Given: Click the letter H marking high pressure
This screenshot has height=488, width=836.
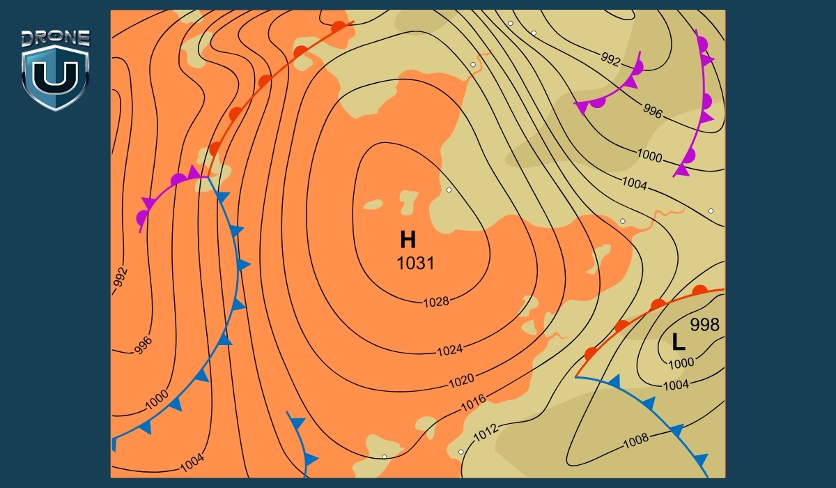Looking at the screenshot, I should (408, 241).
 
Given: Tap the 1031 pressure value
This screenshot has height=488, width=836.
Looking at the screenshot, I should (415, 264).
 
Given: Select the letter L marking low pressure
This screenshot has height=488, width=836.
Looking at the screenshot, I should (678, 342).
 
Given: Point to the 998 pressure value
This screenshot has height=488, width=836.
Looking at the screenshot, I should (704, 324).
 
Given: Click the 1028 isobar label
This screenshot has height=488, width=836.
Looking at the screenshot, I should (436, 302).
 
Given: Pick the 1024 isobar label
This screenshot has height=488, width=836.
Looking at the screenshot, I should (449, 350).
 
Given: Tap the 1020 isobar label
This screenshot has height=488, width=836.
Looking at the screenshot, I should (461, 381).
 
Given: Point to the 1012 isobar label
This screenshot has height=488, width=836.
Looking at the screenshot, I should (486, 433).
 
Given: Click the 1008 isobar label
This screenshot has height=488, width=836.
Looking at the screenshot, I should (635, 439).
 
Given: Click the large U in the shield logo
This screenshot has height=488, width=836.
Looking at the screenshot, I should (55, 78).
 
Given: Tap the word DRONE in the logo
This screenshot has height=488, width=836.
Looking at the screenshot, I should (55, 38).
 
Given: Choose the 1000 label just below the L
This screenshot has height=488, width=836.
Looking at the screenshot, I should (681, 363).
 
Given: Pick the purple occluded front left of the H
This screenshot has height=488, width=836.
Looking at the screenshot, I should (167, 192).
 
